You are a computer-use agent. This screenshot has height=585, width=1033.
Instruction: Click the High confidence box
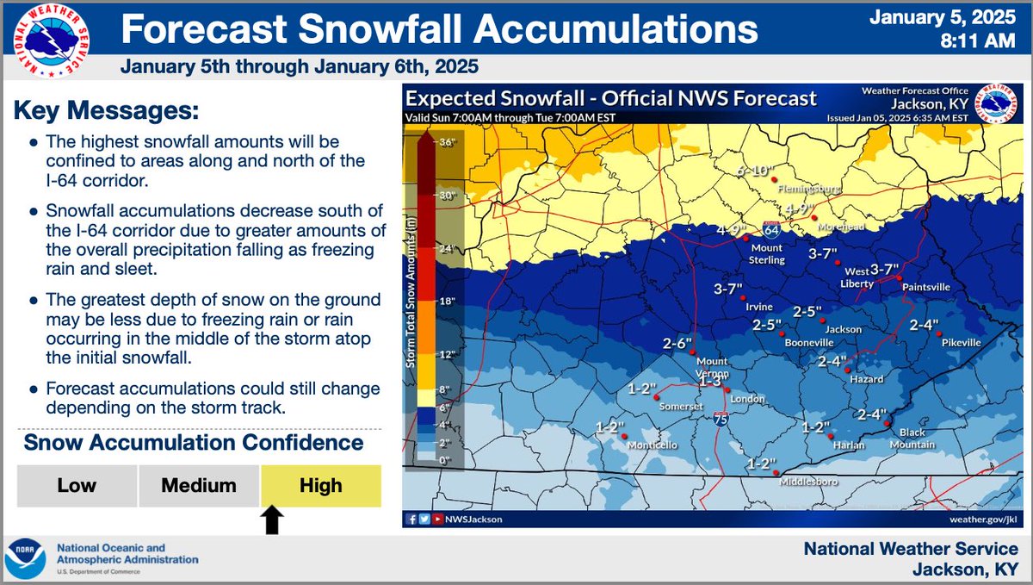pyautogui.click(x=320, y=486)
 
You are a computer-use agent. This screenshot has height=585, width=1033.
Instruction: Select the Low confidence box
pyautogui.click(x=77, y=486)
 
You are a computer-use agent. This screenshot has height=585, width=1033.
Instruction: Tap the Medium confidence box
pyautogui.click(x=199, y=486)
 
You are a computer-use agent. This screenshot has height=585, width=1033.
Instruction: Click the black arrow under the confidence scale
pyautogui.click(x=273, y=520)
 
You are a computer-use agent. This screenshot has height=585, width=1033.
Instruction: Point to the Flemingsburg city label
pyautogui.click(x=806, y=188)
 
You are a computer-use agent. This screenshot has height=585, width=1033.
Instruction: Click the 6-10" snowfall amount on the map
pyautogui.click(x=756, y=171)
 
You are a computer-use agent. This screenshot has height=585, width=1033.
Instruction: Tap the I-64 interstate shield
pyautogui.click(x=772, y=231)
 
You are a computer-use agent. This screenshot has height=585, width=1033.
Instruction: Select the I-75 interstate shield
pyautogui.click(x=720, y=420)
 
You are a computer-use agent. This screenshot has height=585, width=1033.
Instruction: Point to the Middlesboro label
pyautogui.click(x=808, y=482)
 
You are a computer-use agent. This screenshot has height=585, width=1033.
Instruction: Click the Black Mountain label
pyautogui.click(x=916, y=439)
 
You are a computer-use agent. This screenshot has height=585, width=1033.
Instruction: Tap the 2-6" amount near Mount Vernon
pyautogui.click(x=677, y=344)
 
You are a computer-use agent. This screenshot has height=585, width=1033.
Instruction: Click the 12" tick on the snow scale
pyautogui.click(x=446, y=355)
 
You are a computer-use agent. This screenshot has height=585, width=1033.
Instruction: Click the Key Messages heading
pyautogui.click(x=105, y=111)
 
